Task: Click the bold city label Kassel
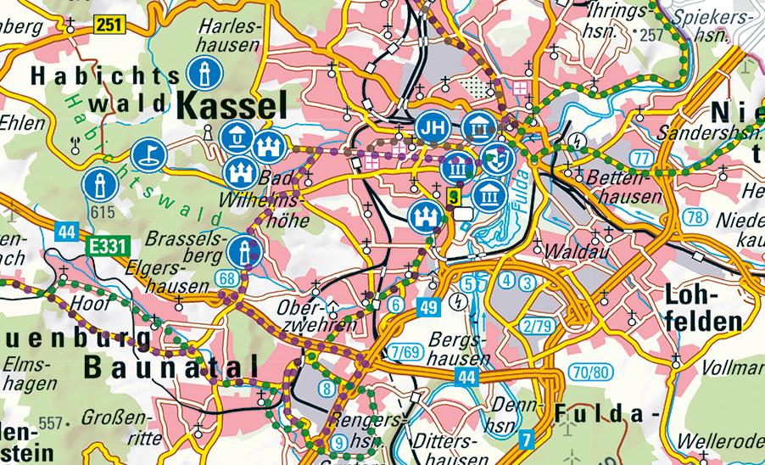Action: [x=229, y=105]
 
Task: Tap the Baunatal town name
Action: [x=170, y=366]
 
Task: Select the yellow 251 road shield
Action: [x=110, y=25]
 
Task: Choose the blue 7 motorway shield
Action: [x=527, y=439]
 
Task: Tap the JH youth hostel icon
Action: [x=433, y=128]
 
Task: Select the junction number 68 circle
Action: [x=226, y=277]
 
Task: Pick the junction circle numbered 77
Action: [x=641, y=157]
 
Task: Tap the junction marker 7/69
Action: [x=408, y=351]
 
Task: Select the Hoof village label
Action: [x=83, y=300]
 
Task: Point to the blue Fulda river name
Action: [x=519, y=188]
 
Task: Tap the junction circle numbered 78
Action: [x=695, y=217]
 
